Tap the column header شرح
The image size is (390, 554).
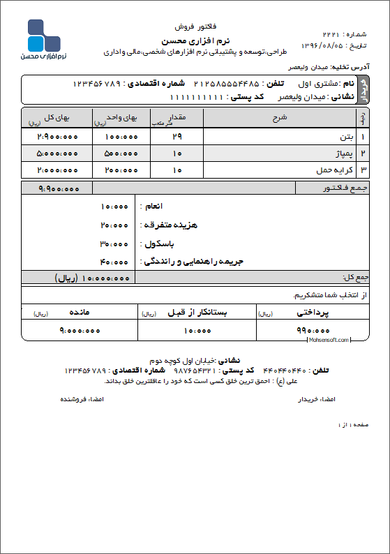click(x=279, y=117)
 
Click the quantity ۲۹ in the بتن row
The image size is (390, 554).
click(x=177, y=135)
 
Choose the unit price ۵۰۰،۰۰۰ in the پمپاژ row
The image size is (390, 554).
click(x=121, y=152)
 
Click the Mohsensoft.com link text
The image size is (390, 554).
click(x=327, y=340)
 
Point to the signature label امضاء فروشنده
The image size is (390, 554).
click(x=77, y=399)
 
